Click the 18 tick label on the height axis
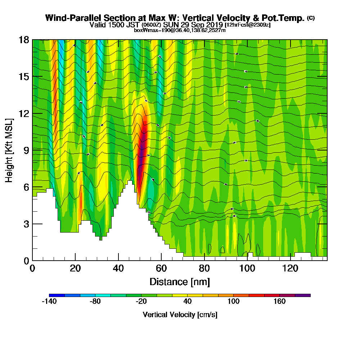[24, 40]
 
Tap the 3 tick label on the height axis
[26, 224]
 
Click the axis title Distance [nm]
[180, 282]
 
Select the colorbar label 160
[279, 301]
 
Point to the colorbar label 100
[233, 301]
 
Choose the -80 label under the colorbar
[95, 301]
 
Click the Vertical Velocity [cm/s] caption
[180, 315]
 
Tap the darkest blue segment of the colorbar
[57, 295]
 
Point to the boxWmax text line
[180, 30]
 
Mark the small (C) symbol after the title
[311, 18]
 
